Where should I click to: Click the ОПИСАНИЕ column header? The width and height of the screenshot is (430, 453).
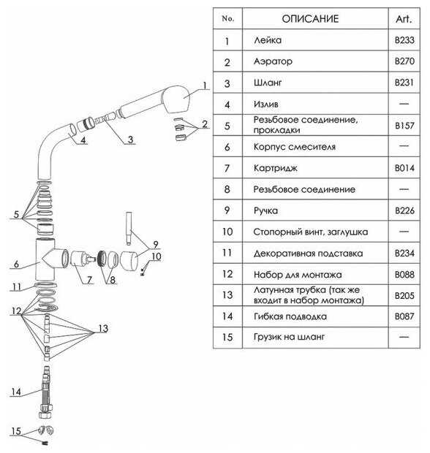pos(310,19)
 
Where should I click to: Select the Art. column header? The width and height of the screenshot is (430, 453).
pos(404,19)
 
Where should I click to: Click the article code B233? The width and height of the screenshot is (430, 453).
pos(404,40)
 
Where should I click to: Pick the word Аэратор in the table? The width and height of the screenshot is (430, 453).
pos(273,61)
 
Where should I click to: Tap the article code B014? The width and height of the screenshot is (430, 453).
pos(404,168)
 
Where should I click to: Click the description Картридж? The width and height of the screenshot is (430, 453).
pos(275,168)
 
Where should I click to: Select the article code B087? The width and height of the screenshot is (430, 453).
pos(404,316)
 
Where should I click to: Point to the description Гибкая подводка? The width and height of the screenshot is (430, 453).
pos(290,316)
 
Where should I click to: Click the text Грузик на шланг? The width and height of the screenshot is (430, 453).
pos(289,337)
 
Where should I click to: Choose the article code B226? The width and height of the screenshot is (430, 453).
pos(404,210)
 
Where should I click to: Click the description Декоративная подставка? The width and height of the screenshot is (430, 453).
pos(309,254)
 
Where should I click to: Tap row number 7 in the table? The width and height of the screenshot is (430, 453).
pos(227,168)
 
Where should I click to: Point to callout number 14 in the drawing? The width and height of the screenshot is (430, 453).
pos(16,392)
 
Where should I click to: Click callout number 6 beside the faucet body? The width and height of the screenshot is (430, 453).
pos(16,264)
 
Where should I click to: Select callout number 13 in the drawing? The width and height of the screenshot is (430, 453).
pos(103,329)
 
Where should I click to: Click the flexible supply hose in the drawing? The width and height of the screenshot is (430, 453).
pos(45,392)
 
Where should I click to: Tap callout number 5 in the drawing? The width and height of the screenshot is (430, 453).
pos(16,214)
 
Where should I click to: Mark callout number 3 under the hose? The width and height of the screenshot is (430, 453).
pos(130,140)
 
